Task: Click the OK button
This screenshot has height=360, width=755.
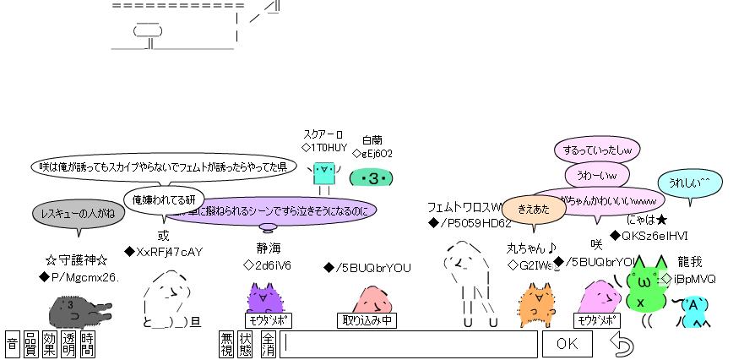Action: point(567,344)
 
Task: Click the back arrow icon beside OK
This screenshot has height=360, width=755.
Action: point(622,344)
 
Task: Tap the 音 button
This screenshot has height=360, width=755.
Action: point(12,344)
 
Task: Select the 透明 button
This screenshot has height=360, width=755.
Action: point(68,344)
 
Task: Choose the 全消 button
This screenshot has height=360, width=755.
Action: point(267,344)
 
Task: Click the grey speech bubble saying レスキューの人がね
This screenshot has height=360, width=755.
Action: point(78,214)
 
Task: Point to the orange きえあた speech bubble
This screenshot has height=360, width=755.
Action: point(534,209)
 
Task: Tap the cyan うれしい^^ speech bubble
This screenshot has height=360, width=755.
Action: point(689,183)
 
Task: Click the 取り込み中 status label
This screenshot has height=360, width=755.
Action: point(367,321)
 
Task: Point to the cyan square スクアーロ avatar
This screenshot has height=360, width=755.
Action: point(323,173)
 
